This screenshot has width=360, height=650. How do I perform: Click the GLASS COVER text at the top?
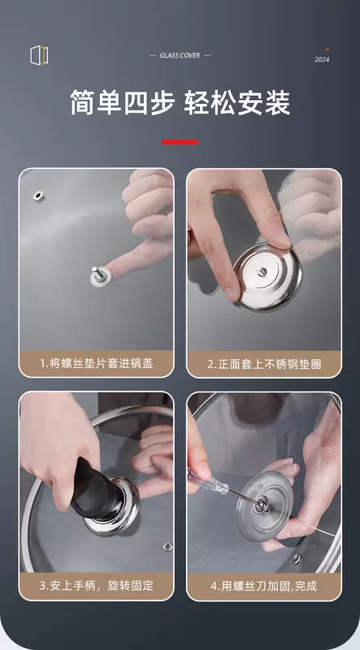[180, 55]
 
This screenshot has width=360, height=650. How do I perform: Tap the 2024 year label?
[322, 59]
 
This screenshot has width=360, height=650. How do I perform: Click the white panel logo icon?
[39, 55]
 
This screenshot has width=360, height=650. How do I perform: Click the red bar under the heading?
[180, 142]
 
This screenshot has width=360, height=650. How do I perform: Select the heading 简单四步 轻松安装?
[180, 102]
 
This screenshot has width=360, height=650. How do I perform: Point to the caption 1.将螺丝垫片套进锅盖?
[96, 363]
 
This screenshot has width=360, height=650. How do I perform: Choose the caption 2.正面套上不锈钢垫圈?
[264, 364]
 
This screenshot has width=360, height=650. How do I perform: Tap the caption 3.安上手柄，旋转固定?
[96, 586]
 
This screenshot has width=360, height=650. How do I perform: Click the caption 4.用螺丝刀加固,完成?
[264, 586]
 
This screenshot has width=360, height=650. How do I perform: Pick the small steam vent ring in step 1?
[38, 196]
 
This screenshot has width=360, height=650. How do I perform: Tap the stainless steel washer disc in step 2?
[267, 276]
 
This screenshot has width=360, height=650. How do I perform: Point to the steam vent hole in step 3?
[168, 547]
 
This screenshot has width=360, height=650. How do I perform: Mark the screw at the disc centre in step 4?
[261, 505]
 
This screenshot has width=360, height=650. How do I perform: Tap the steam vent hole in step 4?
[297, 557]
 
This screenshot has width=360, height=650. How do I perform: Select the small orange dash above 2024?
[327, 50]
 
